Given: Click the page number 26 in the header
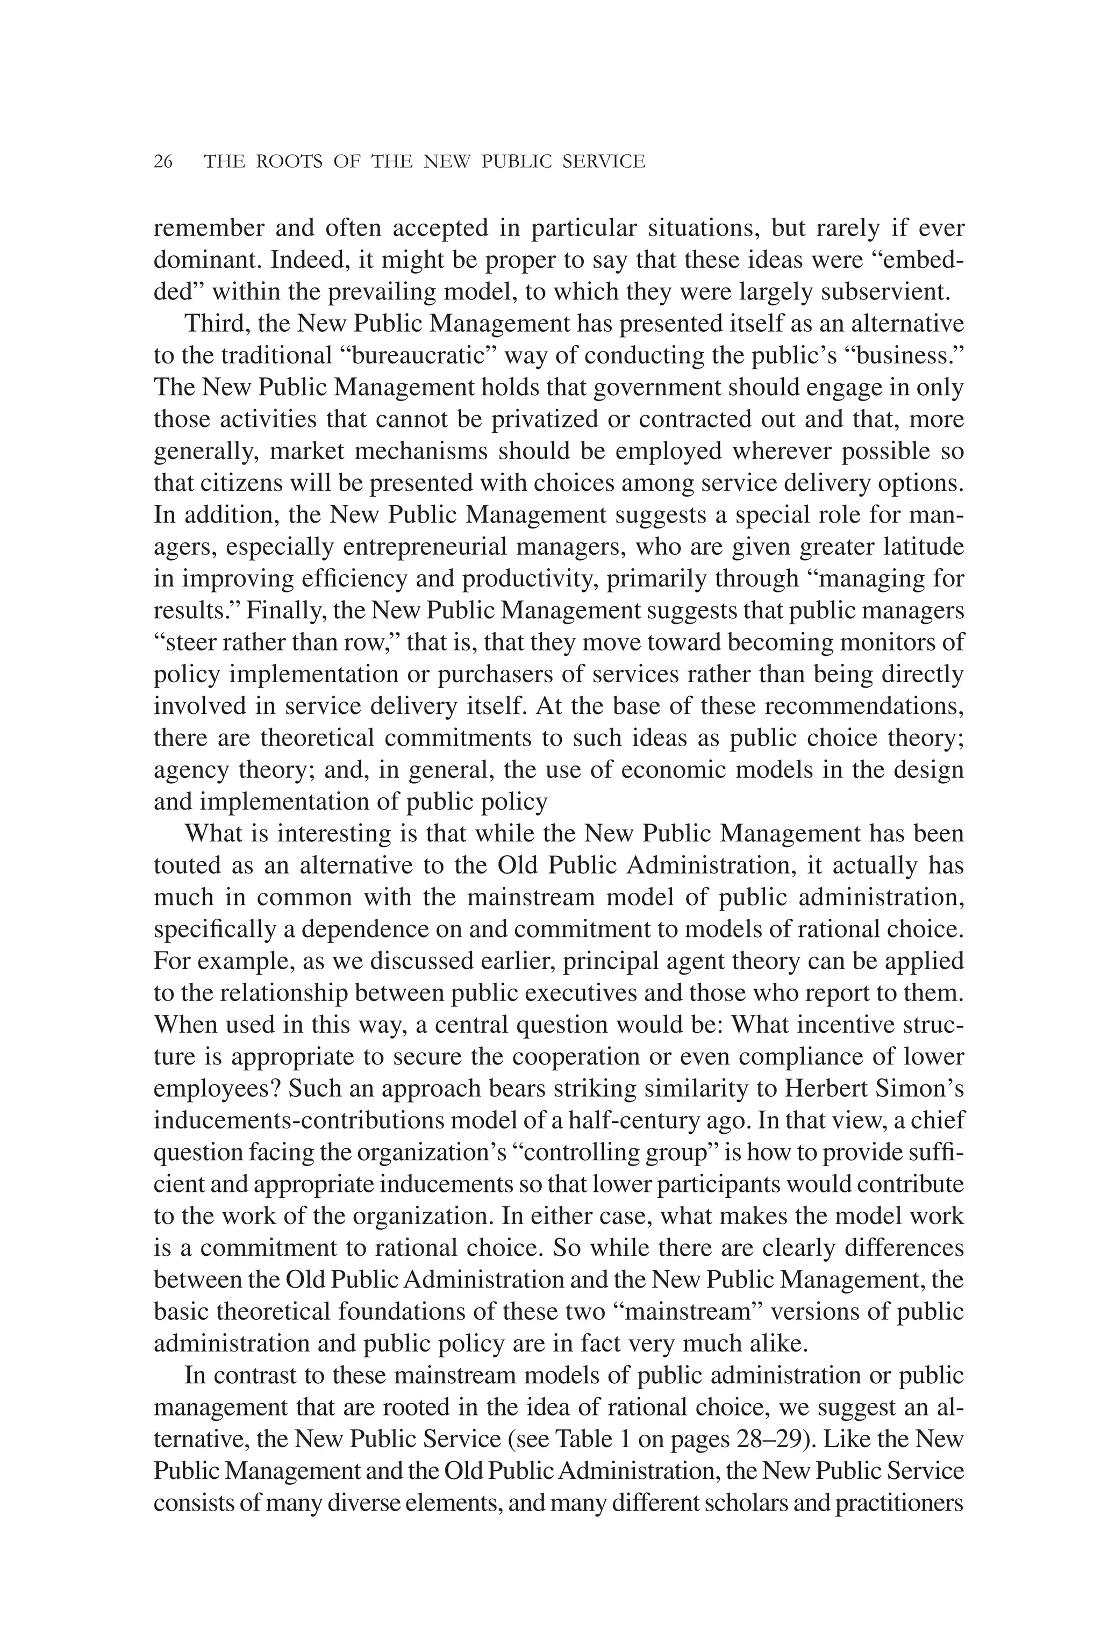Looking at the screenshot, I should pyautogui.click(x=163, y=162).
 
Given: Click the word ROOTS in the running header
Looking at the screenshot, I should pyautogui.click(x=290, y=162).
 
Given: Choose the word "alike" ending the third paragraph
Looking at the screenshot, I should pyautogui.click(x=776, y=1344).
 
